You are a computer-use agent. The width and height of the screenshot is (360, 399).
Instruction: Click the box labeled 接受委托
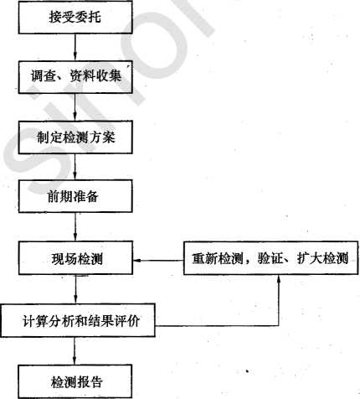[75, 18]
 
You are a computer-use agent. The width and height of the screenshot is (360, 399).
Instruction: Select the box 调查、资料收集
[75, 77]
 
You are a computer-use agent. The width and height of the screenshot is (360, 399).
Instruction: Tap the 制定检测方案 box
[75, 137]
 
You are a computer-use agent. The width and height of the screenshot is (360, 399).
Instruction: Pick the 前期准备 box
[75, 196]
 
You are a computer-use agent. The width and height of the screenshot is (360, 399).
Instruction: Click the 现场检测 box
[75, 258]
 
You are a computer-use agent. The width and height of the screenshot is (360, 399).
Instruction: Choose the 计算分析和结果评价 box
[78, 320]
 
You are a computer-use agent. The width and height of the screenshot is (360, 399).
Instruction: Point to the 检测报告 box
[75, 381]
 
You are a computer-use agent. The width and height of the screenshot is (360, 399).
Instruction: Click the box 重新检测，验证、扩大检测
[270, 258]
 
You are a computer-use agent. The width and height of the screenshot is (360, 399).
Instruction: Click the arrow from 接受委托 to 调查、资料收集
[75, 47]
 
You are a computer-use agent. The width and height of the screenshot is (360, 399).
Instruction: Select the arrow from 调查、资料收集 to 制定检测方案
[75, 107]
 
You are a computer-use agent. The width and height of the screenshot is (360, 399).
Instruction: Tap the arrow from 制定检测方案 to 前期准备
[75, 167]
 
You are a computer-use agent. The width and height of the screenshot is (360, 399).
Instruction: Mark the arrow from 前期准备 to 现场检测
[75, 227]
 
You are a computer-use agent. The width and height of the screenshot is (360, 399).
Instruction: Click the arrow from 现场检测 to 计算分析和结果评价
[75, 289]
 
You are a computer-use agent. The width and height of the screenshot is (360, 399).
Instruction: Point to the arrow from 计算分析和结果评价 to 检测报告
[75, 350]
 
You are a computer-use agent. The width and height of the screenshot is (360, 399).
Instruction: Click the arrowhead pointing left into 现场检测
[137, 261]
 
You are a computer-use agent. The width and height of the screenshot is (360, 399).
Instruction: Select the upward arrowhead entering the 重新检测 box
[278, 279]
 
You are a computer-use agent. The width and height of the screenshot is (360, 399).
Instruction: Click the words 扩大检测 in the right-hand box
[322, 258]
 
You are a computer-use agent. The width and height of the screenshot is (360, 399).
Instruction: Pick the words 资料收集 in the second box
[95, 76]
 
